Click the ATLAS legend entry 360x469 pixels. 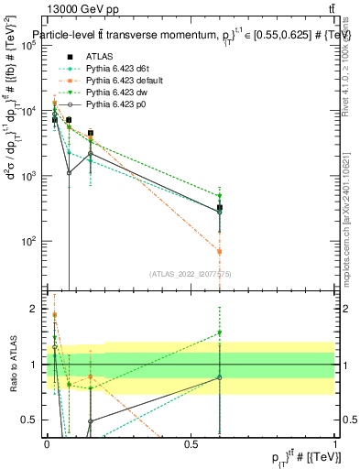tap(99, 57)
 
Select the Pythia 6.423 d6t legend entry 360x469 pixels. tap(117, 69)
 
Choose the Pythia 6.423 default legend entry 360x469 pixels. tap(122, 81)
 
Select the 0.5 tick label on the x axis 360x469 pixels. tap(191, 443)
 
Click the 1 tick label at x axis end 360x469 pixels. tap(335, 443)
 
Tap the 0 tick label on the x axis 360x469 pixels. tap(47, 443)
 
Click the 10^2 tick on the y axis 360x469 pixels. tap(29, 241)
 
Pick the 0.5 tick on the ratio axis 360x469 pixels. tap(31, 420)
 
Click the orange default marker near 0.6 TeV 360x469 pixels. tap(220, 251)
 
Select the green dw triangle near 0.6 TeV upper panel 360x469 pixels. tap(220, 196)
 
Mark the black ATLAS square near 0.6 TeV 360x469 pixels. tap(220, 209)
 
